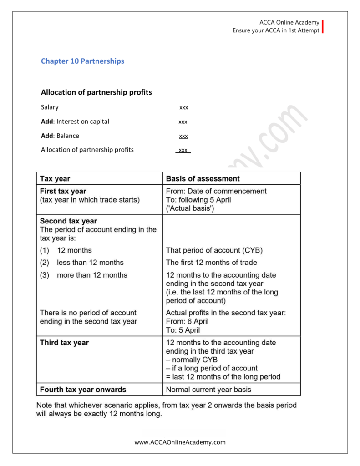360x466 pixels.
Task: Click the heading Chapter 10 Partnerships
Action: (82, 61)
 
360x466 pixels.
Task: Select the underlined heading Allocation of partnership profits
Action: (96, 92)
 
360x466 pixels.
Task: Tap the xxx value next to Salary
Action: (183, 108)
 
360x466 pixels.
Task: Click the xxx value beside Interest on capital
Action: (183, 122)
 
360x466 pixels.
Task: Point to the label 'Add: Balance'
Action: (60, 136)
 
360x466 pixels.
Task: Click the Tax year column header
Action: (55, 178)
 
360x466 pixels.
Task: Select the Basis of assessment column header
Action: (203, 178)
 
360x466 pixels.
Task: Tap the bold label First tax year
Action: (63, 191)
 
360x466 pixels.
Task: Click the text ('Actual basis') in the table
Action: (190, 208)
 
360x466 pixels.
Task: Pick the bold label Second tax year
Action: (68, 221)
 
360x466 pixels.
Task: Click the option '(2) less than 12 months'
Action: (82, 263)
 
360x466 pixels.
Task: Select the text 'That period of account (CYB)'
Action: (214, 250)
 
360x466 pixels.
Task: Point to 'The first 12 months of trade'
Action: (211, 263)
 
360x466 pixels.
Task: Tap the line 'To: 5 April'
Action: (183, 330)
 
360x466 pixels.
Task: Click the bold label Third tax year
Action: (64, 343)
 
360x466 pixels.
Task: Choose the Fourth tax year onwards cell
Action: (83, 390)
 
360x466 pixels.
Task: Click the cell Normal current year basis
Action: (208, 390)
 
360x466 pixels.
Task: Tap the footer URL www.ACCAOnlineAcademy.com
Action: (180, 442)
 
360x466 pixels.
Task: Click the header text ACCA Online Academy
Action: (289, 23)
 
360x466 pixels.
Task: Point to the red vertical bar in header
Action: (323, 26)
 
